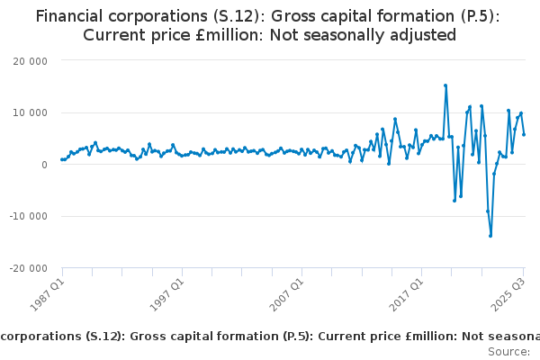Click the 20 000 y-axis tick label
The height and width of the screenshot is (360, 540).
30,60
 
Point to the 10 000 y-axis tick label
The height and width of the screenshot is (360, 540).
30,112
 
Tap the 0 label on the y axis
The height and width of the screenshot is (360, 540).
43,165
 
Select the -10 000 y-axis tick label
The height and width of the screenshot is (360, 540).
28,216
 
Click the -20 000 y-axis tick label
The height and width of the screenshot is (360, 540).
28,268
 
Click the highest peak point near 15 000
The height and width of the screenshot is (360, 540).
445,85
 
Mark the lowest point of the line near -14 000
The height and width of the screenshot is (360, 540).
490,236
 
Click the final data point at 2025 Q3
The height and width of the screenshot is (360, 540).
524,134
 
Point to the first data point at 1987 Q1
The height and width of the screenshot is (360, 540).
62,159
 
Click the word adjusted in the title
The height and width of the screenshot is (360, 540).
423,35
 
